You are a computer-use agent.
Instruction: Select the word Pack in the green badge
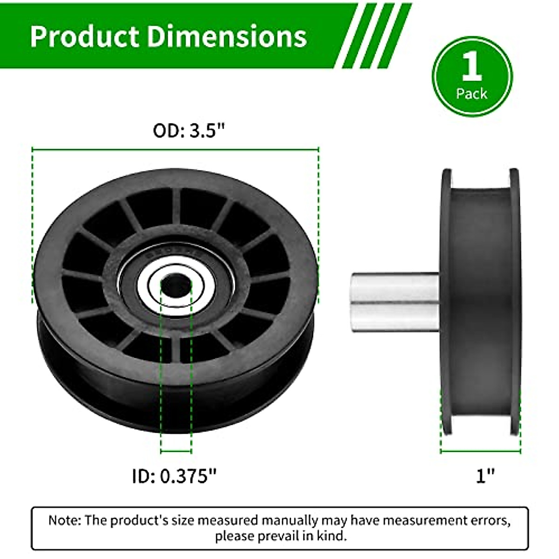[472, 94]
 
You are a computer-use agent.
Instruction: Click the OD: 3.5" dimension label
[189, 131]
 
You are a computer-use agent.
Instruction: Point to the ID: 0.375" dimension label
[175, 476]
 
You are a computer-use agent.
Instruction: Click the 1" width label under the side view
[485, 476]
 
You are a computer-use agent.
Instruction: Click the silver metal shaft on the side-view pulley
[394, 302]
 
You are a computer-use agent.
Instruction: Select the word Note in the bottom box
[65, 520]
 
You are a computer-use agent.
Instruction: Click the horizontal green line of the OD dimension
[175, 149]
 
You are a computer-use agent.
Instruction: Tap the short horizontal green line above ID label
[176, 451]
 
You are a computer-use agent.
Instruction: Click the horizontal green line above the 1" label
[480, 451]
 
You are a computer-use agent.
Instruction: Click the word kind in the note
[334, 536]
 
